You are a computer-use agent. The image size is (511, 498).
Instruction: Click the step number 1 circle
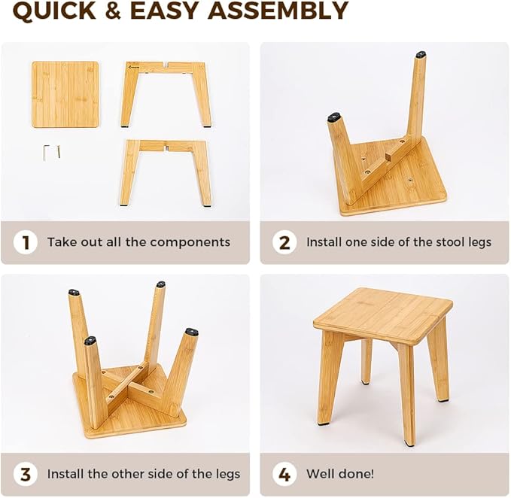click(x=26, y=242)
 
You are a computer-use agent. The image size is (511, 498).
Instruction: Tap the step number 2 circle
click(x=284, y=242)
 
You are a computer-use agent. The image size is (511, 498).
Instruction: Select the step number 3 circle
click(x=26, y=474)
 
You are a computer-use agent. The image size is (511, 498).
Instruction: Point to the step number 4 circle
click(x=284, y=474)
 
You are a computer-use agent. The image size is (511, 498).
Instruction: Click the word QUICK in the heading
click(x=56, y=11)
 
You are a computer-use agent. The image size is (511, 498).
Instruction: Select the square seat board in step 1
click(x=65, y=94)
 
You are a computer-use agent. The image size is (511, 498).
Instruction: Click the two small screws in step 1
click(x=51, y=152)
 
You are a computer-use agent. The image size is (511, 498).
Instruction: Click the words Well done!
click(x=339, y=474)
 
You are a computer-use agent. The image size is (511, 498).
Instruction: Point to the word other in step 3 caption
click(x=129, y=474)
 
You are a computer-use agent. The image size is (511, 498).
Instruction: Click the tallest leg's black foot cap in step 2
click(x=420, y=55)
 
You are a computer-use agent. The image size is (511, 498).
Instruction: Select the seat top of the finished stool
click(x=382, y=313)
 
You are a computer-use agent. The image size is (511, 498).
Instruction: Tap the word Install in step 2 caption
click(x=324, y=242)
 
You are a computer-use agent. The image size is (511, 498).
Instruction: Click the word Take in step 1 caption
click(x=60, y=242)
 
